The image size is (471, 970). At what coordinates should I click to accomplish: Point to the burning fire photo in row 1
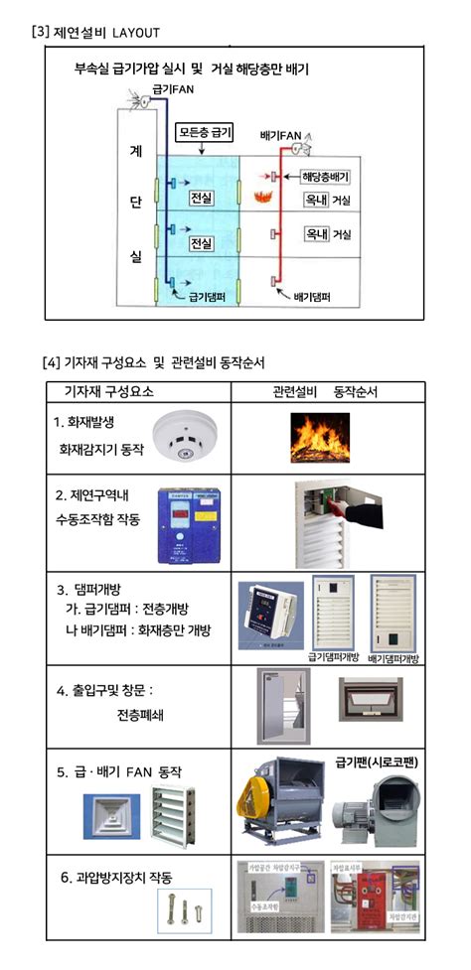(319, 438)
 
